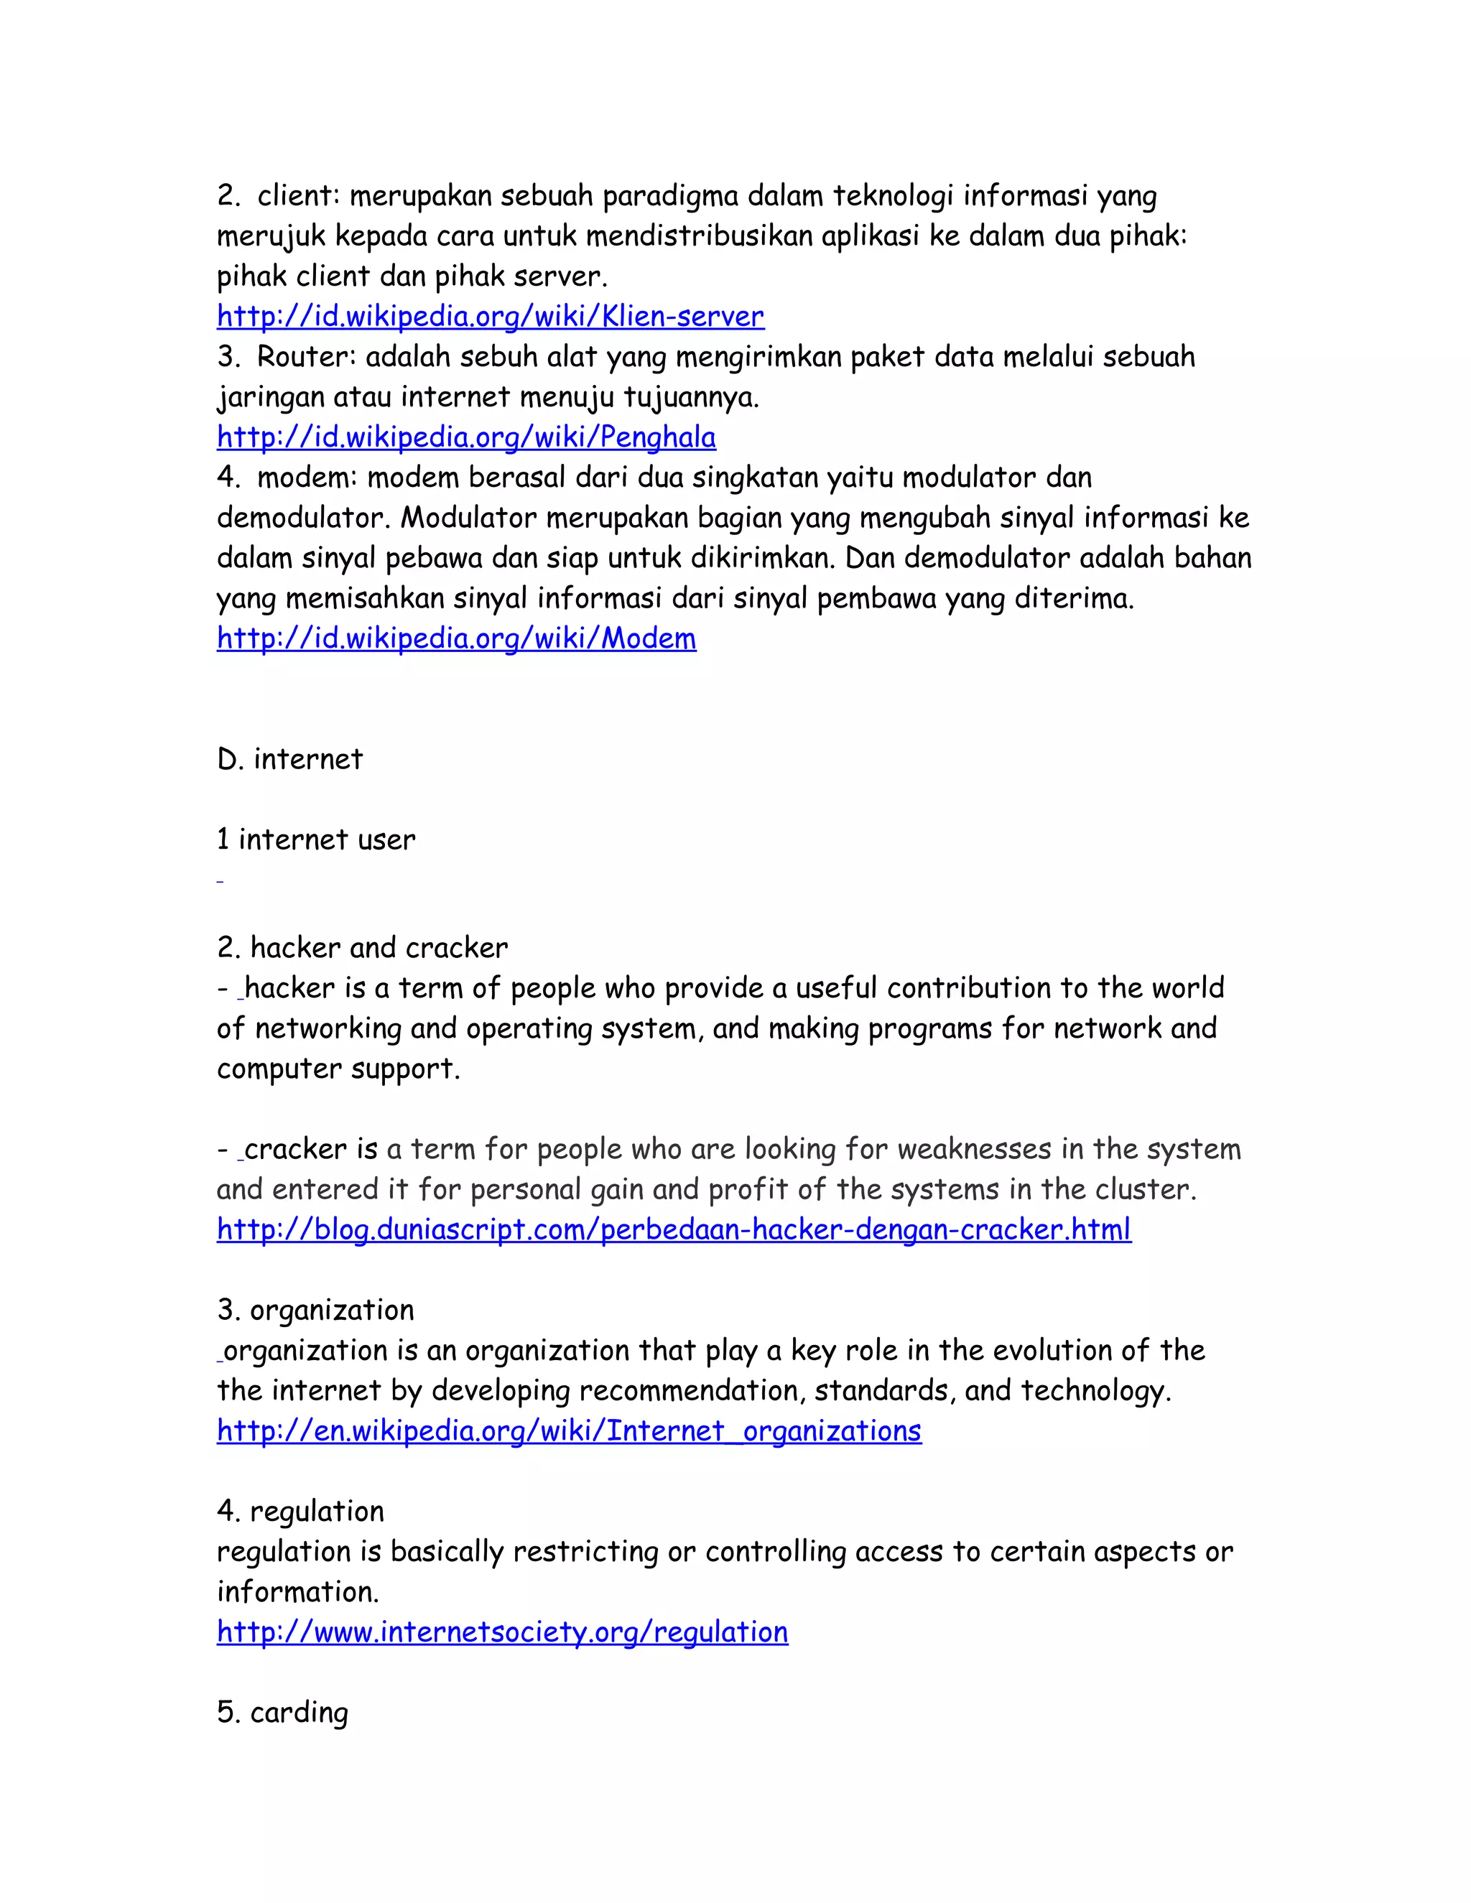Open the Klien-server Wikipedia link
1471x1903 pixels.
click(490, 316)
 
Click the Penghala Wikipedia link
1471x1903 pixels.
click(466, 437)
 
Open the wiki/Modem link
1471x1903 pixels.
click(456, 638)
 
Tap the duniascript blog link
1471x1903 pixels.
click(674, 1229)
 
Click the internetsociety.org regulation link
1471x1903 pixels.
click(502, 1632)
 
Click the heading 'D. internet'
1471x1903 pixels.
click(289, 760)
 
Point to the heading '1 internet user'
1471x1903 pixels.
click(315, 840)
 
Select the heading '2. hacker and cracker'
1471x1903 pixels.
click(362, 947)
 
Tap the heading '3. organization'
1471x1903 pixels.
click(315, 1310)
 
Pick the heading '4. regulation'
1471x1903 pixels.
click(300, 1511)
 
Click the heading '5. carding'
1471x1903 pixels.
click(282, 1712)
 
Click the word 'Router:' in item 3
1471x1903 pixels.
click(307, 357)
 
